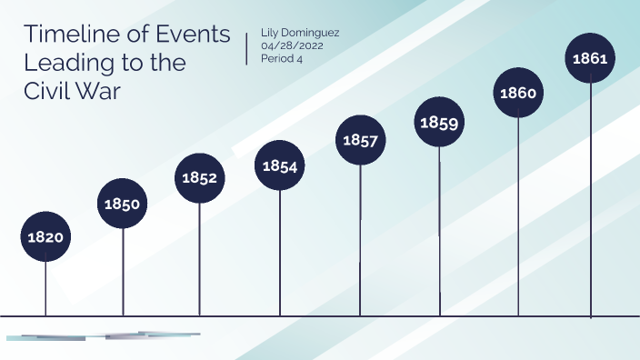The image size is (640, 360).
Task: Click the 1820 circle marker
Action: click(45, 236)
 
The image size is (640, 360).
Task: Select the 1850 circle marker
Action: click(122, 204)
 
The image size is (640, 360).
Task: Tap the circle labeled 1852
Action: click(199, 177)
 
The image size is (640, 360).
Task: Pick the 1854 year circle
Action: click(279, 165)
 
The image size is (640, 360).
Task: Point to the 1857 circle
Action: click(360, 140)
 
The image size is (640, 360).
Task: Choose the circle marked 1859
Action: click(439, 122)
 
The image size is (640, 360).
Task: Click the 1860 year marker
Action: click(518, 92)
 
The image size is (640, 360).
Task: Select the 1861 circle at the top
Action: click(591, 58)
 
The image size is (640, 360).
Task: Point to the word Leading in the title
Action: click(65, 64)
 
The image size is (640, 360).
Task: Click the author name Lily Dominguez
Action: click(300, 32)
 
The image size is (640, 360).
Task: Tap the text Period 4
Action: click(281, 59)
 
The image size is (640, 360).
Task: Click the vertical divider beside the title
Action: click(247, 48)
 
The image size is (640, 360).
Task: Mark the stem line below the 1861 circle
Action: click(591, 200)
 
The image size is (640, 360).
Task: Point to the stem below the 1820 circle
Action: click(45, 288)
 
